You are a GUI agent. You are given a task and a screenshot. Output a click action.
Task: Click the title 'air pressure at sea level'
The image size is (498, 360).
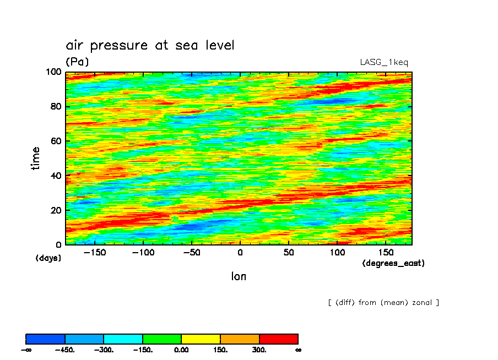[150, 45]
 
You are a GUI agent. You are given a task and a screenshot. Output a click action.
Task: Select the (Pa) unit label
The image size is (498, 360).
[77, 62]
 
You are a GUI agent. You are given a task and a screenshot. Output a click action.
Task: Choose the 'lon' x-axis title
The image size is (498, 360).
[239, 276]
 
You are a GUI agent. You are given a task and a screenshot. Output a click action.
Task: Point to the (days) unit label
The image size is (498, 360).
[48, 258]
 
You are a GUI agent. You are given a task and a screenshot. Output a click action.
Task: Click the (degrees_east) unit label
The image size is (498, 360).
[393, 264]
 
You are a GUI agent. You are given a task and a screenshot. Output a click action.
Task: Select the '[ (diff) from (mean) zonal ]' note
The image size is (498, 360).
[383, 303]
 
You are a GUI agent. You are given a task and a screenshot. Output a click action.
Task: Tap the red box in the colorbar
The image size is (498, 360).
[279, 339]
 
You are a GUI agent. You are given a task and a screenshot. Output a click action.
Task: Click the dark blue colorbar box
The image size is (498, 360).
[46, 339]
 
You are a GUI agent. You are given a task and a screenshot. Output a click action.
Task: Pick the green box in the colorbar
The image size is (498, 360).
[162, 339]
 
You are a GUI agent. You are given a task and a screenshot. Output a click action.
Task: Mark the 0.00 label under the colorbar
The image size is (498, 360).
[181, 350]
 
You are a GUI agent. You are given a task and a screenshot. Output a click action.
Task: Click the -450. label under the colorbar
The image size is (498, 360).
[64, 350]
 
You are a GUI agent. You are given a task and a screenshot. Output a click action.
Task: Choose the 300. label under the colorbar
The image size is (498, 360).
[259, 350]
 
